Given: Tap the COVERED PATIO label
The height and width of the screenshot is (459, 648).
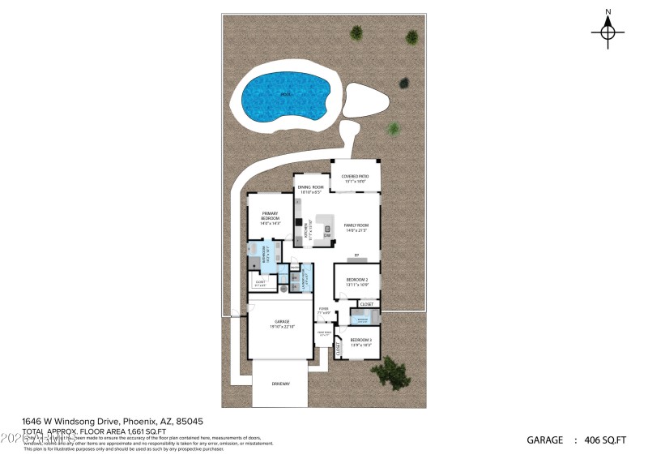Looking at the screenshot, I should pos(355,177).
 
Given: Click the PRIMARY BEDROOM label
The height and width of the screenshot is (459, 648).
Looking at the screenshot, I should pos(270,218).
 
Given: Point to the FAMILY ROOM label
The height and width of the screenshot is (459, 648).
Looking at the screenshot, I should pos(356,226).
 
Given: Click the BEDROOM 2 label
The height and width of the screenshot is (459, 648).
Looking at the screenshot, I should pos(357,281).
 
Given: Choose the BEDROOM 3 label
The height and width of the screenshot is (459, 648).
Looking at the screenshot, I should pos(360,341).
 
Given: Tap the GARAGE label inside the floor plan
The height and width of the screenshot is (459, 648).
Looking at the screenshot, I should pos(279,322).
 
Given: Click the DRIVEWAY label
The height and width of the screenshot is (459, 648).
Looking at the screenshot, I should pos(279,384).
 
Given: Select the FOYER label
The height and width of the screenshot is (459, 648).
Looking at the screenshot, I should pos(323,309).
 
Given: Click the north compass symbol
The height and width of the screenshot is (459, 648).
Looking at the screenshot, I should pos(607,32).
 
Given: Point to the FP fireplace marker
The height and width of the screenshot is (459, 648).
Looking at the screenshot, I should pos(356,255).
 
